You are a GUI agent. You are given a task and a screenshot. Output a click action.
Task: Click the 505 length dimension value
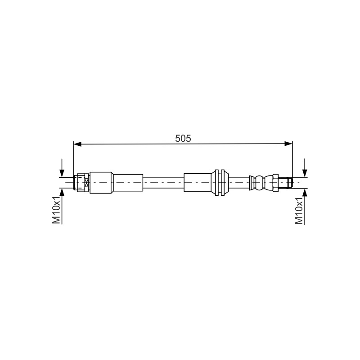coord(183,139)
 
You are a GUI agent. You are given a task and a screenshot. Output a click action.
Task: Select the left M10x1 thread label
coord(56,210)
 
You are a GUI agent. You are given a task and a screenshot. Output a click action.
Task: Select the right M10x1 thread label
coord(299,211)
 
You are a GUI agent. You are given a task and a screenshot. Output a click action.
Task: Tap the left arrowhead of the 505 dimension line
coord(77,144)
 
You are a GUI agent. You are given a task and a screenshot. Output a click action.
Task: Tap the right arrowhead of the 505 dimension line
coord(288,144)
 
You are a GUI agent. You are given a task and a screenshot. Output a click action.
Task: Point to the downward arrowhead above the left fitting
coord(62,173)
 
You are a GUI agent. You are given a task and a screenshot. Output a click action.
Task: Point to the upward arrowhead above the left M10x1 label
coord(62,192)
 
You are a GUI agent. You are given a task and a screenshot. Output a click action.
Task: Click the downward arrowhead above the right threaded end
coord(305,173)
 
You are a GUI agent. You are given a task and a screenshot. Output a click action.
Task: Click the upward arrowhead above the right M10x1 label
coord(305,193)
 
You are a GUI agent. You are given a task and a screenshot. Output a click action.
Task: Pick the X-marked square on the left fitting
coord(86,183)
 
